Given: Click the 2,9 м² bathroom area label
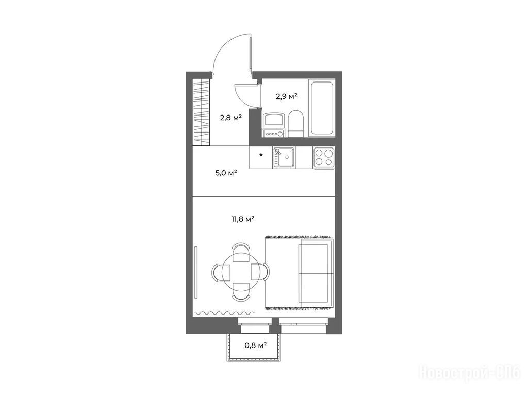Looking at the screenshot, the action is tap(287, 96).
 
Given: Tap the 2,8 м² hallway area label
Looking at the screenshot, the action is tap(231, 118).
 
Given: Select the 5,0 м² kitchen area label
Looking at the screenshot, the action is tap(226, 173).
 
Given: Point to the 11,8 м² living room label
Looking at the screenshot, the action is tap(242, 219).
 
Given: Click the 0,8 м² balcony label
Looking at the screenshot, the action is tap(256, 345).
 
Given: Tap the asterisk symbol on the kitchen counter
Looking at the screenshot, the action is tap(261, 155).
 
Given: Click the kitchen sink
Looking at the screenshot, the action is tap(284, 158).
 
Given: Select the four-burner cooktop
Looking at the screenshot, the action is tap(324, 158).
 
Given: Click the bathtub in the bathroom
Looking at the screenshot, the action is tap(322, 108).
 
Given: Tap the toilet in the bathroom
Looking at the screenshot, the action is tap(296, 124).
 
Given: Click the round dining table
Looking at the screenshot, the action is tap(241, 272).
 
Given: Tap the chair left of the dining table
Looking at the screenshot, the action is tap(221, 272).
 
